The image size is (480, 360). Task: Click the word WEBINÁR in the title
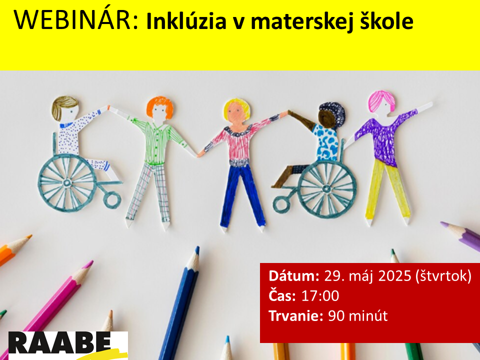tap(76, 20)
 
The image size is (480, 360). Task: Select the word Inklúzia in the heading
tap(186, 21)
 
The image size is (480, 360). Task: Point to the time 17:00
tap(320, 296)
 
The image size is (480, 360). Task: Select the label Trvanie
tap(295, 315)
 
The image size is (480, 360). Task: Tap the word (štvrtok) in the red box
tap(443, 276)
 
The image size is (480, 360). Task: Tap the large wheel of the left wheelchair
tap(67, 183)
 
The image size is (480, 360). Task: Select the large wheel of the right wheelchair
tap(327, 188)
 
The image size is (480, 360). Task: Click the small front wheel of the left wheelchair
tap(112, 200)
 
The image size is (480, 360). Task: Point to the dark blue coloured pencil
tap(180, 303)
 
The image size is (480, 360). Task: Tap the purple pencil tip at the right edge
tap(443, 224)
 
